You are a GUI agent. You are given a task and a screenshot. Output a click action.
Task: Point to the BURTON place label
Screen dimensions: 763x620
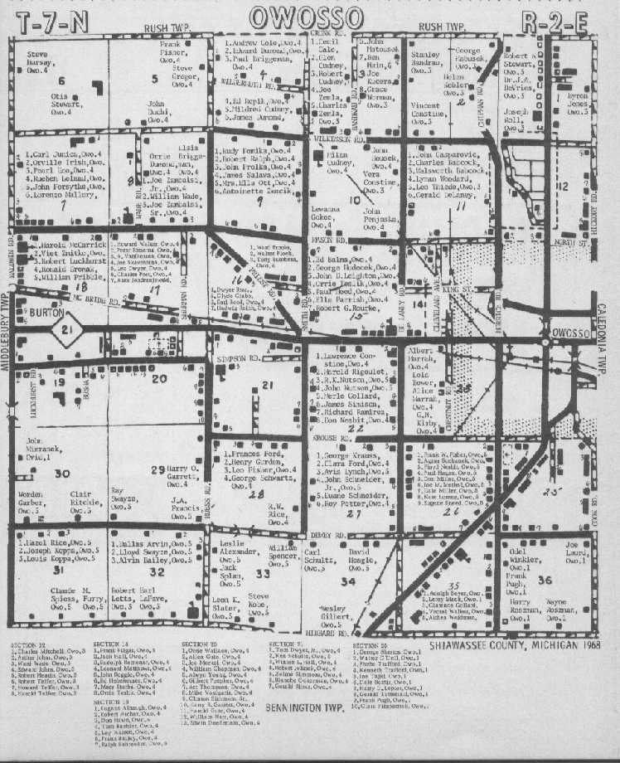click(x=47, y=313)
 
